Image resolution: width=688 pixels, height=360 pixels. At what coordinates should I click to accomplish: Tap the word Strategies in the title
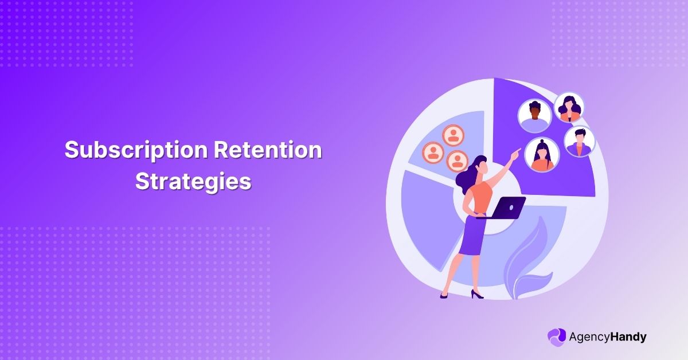click(193, 181)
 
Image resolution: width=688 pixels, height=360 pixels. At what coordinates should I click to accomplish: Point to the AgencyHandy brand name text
click(608, 337)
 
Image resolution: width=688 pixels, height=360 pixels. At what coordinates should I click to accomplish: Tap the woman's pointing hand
click(517, 153)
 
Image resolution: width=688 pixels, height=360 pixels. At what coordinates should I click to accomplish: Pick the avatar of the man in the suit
click(578, 142)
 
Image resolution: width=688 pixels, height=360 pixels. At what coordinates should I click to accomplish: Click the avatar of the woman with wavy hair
click(569, 108)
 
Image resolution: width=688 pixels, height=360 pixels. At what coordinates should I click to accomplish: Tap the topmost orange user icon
click(453, 135)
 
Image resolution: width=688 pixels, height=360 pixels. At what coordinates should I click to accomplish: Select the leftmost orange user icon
click(433, 152)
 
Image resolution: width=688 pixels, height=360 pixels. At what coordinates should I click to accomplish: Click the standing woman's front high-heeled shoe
click(476, 295)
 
